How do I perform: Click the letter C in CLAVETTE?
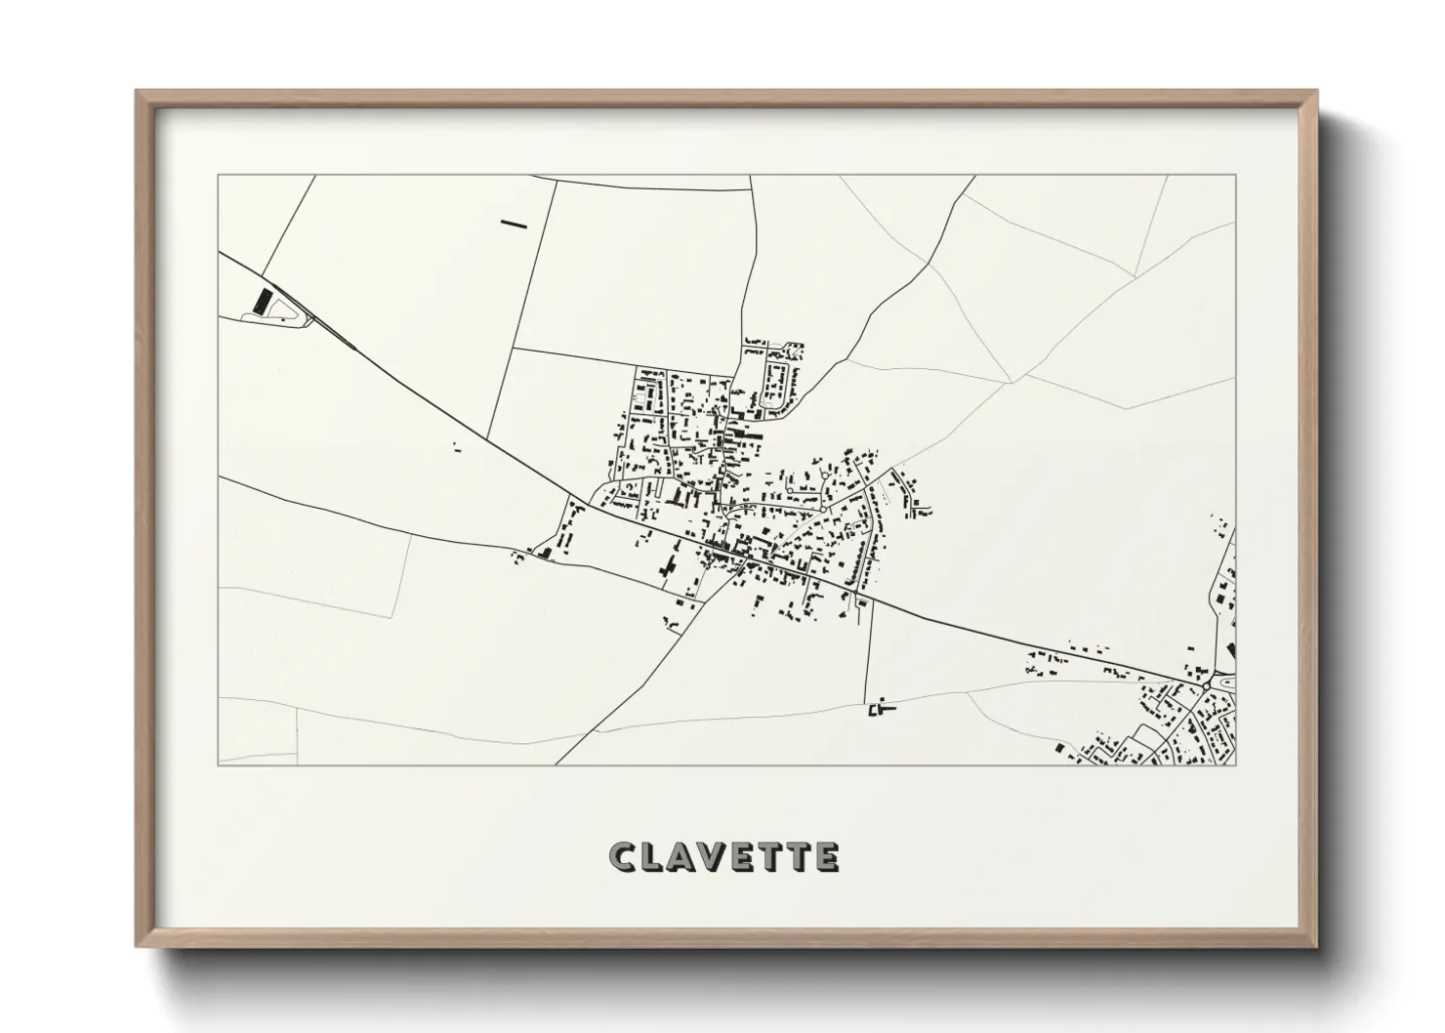pos(623,857)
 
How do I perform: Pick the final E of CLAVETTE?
pos(826,857)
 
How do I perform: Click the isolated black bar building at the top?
pos(514,224)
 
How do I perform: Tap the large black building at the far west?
pos(260,301)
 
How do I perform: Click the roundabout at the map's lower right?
pos(1208,685)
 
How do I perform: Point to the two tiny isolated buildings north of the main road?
pos(456,448)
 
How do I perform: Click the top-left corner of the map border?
pos(219,176)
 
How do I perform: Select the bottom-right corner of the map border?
pos(1235,764)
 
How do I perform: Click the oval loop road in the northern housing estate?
pos(779,385)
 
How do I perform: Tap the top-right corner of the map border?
pos(1235,176)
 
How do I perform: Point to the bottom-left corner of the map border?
pos(219,764)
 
